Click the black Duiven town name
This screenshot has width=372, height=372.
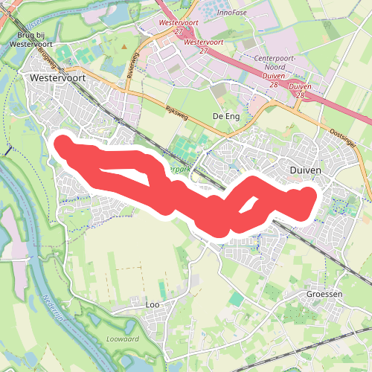[304, 170]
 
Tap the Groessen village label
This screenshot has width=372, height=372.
[324, 294]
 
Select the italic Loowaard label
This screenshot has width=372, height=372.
[123, 339]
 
